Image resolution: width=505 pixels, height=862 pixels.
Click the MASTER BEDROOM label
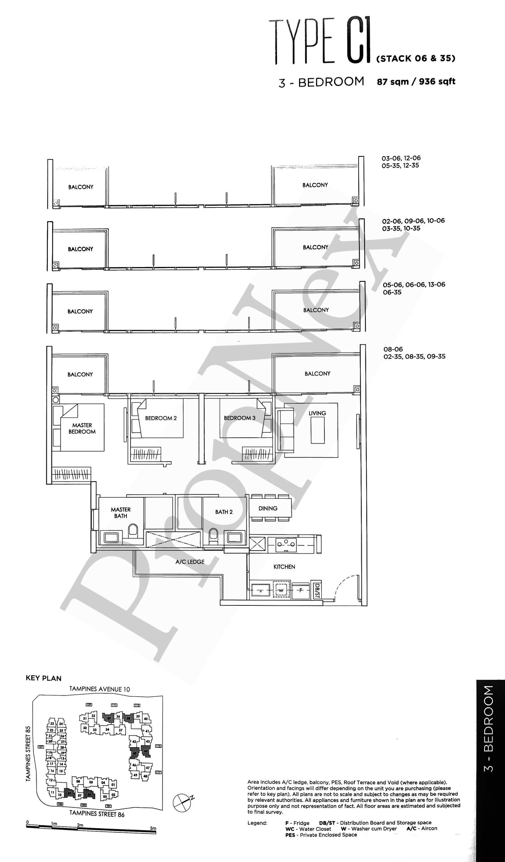[x=82, y=428]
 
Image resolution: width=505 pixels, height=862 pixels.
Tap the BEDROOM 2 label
[x=161, y=418]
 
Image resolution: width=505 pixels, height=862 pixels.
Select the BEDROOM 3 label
[x=240, y=418]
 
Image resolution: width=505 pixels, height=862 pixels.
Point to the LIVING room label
[x=317, y=413]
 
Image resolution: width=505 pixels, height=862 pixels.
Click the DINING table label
[x=268, y=508]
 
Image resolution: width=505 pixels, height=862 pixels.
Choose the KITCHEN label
[x=284, y=567]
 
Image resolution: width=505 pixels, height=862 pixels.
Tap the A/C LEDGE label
[x=190, y=562]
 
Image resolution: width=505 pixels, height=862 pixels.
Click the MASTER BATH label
[x=120, y=513]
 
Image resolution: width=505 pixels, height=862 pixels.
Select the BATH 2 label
[x=224, y=512]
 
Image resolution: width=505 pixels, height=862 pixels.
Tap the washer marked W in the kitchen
[x=281, y=590]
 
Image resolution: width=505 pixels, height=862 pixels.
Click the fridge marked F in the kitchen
[x=300, y=590]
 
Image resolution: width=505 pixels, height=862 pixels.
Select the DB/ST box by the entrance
[x=317, y=590]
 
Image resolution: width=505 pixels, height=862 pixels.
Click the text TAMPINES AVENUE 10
[x=100, y=689]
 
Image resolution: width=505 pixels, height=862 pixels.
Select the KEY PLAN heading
[x=43, y=678]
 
